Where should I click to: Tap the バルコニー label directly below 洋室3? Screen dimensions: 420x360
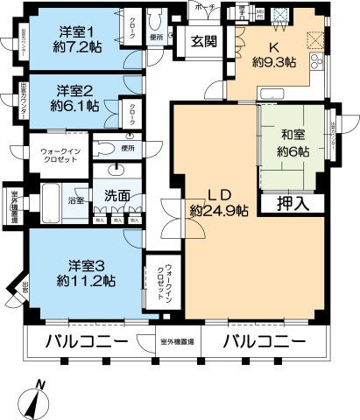88,340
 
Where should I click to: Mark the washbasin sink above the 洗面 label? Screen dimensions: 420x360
117,171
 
